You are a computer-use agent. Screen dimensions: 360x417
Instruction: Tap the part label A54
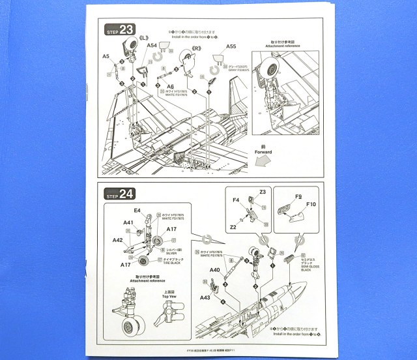click(151, 46)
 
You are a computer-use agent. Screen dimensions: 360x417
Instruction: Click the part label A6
click(169, 87)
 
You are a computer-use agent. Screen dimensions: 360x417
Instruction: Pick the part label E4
click(137, 211)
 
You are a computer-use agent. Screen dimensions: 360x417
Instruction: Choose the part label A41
click(128, 222)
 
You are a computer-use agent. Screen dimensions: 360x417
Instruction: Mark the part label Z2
click(232, 228)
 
